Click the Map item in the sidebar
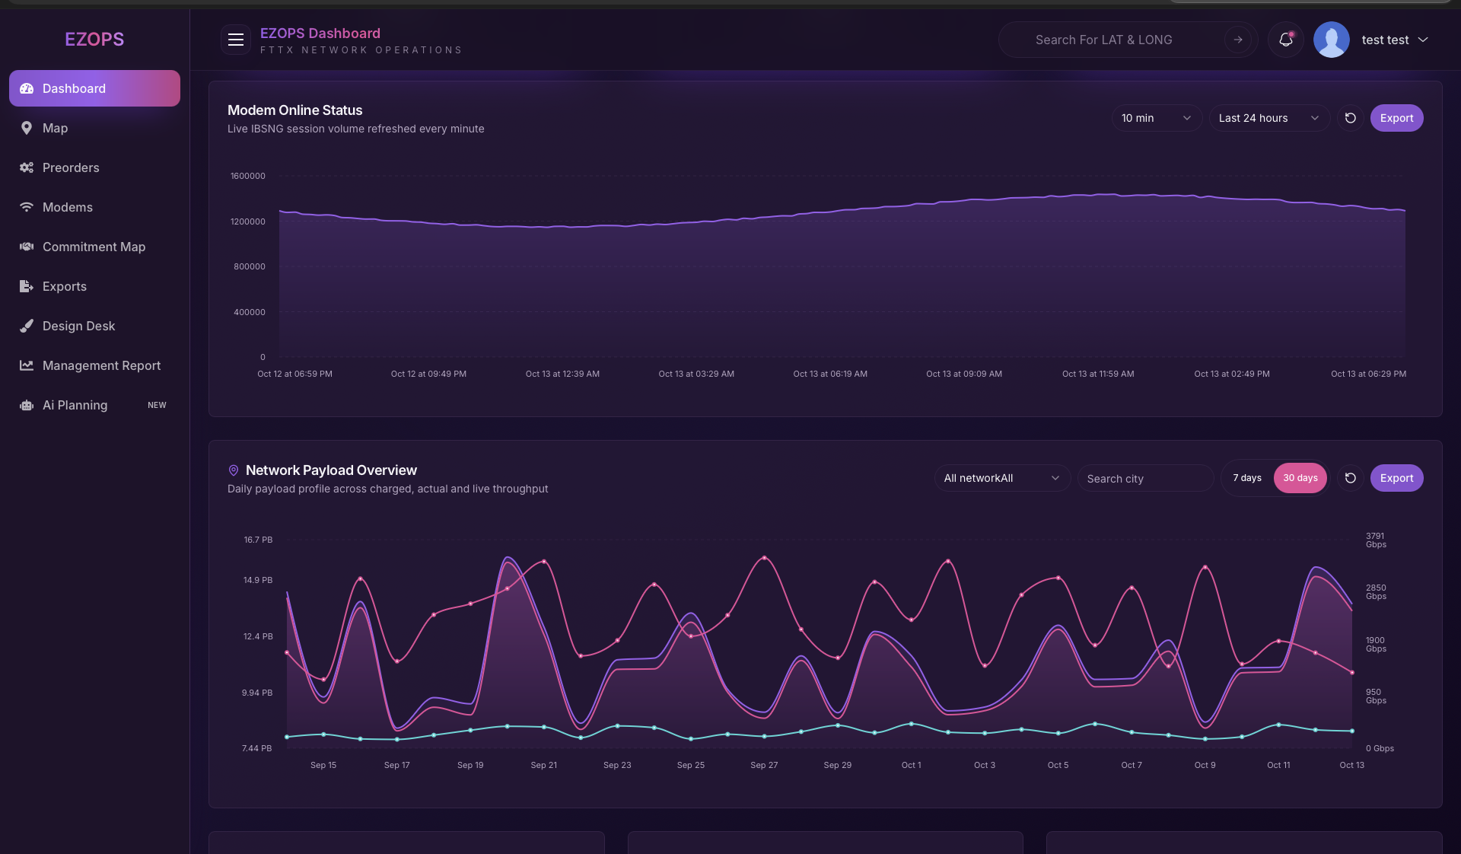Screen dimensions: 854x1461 tap(55, 128)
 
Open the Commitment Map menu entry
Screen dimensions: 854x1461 tap(94, 247)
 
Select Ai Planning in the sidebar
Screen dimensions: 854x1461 tap(75, 405)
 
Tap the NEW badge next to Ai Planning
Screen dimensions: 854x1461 tap(157, 405)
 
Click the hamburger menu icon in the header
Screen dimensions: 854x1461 tap(236, 40)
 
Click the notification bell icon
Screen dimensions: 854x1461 tap(1286, 40)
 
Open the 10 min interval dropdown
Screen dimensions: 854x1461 tap(1156, 118)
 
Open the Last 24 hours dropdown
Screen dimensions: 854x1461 tap(1268, 118)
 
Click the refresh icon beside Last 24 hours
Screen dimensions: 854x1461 tap(1351, 118)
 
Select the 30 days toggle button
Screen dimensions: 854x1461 tap(1300, 478)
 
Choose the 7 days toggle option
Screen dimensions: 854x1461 tap(1247, 478)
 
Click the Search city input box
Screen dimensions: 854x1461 tap(1144, 479)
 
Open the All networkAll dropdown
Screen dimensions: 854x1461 tap(1001, 478)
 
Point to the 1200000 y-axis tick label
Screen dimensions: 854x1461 tap(248, 221)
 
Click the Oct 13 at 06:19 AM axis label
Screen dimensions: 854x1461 tap(830, 374)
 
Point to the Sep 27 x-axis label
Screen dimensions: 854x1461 tap(764, 765)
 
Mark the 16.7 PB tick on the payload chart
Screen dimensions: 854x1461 tap(258, 540)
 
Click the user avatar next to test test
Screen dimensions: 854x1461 tap(1331, 40)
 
